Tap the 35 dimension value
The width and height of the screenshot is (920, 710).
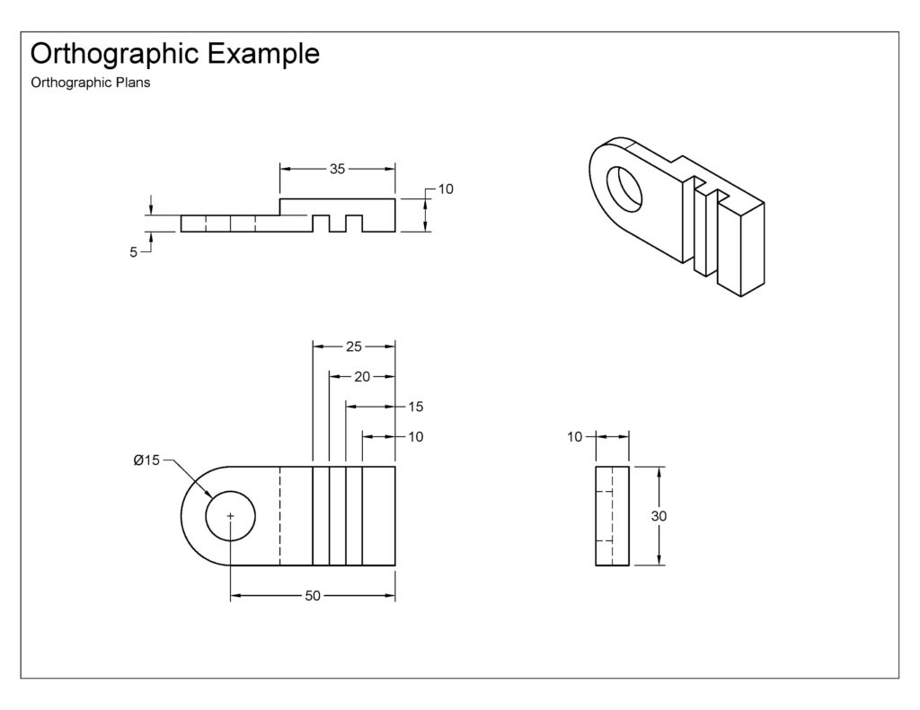click(337, 168)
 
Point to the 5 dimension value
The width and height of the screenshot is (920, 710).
click(134, 253)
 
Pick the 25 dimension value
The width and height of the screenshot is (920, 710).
click(353, 346)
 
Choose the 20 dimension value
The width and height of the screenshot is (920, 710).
click(362, 377)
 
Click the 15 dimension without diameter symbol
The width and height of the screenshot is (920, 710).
click(415, 407)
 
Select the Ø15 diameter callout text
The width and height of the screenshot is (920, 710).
click(146, 460)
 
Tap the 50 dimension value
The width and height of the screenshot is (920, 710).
click(313, 596)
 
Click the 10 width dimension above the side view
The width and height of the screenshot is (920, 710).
click(575, 437)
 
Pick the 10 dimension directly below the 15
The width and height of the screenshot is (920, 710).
click(415, 437)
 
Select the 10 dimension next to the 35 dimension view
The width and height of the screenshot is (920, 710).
click(446, 189)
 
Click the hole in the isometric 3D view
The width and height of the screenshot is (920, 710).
click(625, 188)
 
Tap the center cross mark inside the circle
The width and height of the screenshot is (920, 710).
click(231, 516)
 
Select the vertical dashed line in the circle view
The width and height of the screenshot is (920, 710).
click(280, 516)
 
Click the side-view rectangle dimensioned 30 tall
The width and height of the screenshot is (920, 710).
click(613, 516)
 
